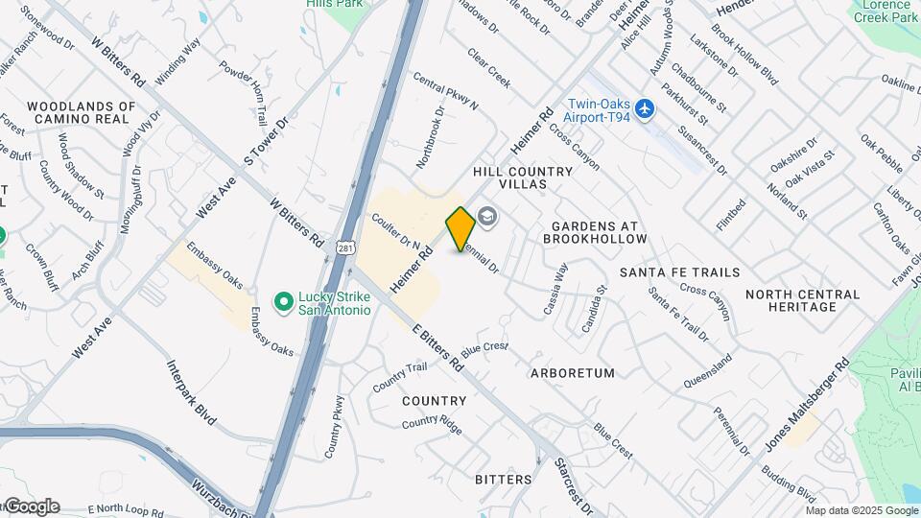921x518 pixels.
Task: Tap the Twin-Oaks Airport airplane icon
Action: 645,109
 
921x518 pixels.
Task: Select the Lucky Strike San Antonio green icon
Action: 283,303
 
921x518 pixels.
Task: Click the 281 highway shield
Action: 345,248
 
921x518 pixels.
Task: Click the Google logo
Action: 32,506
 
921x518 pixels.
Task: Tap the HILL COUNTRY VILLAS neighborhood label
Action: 523,177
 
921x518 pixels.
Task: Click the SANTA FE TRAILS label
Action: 679,272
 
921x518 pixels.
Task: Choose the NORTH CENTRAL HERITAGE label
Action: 791,300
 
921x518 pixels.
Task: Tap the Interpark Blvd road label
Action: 192,392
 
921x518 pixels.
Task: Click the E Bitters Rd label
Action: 438,347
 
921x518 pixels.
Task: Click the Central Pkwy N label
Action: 446,90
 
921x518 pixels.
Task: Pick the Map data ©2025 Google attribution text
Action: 862,511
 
